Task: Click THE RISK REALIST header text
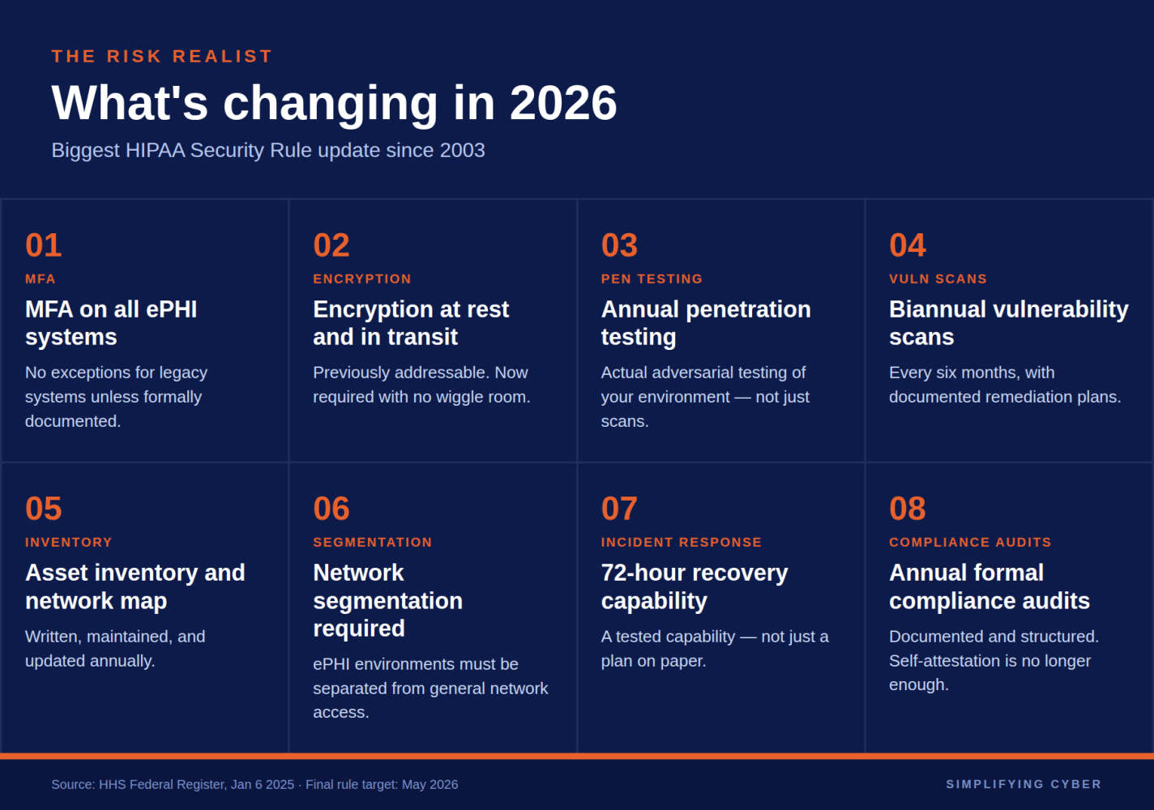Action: click(162, 57)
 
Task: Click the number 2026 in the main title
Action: click(563, 103)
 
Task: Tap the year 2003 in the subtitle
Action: click(462, 151)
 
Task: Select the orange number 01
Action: click(44, 245)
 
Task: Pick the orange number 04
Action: click(908, 245)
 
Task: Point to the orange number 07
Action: click(619, 509)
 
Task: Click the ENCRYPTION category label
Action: click(362, 279)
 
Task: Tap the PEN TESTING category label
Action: click(652, 279)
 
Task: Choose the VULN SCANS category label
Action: click(938, 279)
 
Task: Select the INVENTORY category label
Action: click(69, 542)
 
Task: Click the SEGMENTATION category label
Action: click(373, 542)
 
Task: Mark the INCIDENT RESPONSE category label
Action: click(682, 542)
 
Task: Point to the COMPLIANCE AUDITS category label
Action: click(970, 542)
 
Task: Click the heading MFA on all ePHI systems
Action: click(111, 323)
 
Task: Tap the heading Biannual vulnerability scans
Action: click(1008, 323)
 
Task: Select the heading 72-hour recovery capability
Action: click(695, 586)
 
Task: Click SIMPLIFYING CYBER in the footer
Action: click(1024, 784)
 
